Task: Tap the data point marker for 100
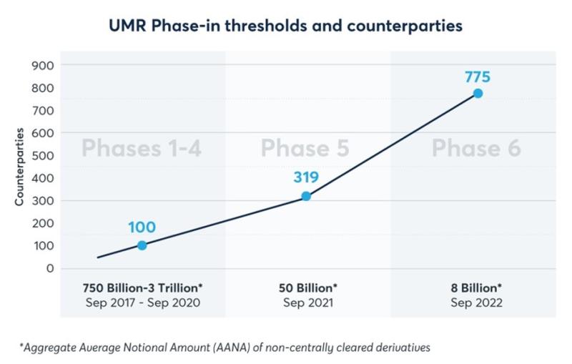point(142,245)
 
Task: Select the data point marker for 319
point(306,196)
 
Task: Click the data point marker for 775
point(478,94)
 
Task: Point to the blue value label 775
point(477,77)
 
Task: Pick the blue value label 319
point(305,177)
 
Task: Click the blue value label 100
point(142,228)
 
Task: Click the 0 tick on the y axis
point(49,268)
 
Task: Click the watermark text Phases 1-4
point(142,149)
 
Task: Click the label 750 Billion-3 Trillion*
point(142,287)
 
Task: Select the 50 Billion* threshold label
point(307,287)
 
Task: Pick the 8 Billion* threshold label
point(476,287)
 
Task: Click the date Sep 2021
point(307,302)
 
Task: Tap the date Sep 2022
point(476,302)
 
